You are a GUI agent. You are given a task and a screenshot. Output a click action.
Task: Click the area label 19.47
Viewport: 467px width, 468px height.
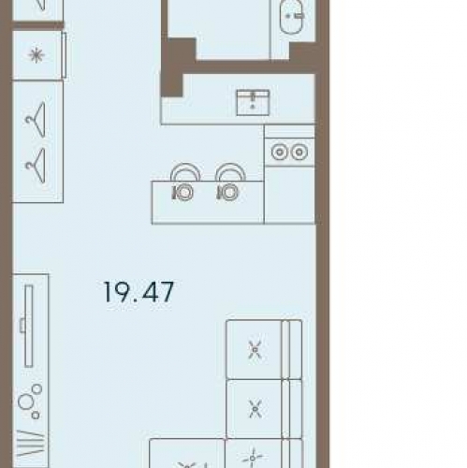tap(139, 292)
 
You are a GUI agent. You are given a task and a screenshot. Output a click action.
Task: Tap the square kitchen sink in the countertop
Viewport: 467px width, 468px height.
tap(253, 103)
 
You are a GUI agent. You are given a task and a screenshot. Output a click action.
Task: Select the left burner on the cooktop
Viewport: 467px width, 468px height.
tap(280, 153)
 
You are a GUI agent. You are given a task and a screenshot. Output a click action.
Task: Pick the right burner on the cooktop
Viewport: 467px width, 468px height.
tap(299, 153)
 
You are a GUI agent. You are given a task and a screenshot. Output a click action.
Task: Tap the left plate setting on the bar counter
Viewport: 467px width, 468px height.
tap(183, 193)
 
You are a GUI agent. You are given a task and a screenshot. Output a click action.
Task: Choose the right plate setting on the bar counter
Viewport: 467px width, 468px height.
tap(228, 193)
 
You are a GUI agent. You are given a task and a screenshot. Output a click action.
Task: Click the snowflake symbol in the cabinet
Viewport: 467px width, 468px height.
tap(36, 55)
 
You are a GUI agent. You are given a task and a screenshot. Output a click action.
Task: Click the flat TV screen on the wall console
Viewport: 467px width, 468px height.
tap(29, 326)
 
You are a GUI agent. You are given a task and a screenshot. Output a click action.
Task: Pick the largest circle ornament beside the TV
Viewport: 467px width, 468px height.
tap(25, 402)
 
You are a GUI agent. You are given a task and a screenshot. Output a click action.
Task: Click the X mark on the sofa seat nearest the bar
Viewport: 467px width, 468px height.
tap(255, 349)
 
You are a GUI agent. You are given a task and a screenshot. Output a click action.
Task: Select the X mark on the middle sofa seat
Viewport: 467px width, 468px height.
tap(255, 409)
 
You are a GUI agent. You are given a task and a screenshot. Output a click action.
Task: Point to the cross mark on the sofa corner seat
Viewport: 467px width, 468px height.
tap(253, 458)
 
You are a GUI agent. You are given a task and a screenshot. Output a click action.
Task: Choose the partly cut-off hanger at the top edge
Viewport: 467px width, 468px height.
tap(42, 6)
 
